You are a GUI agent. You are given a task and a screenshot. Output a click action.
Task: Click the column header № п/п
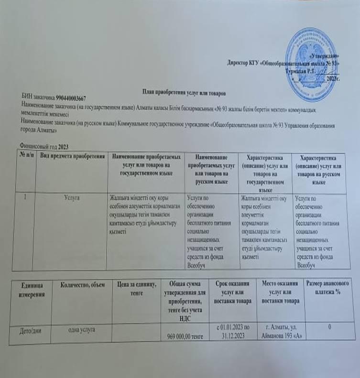(x=25, y=156)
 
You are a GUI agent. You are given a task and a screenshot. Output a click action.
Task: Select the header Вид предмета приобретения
(x=72, y=157)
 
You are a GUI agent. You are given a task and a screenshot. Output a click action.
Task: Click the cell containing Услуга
(x=72, y=197)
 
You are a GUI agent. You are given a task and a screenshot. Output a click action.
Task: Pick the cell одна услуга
(x=84, y=329)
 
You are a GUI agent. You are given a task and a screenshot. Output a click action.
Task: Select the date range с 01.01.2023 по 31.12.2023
(x=233, y=332)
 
